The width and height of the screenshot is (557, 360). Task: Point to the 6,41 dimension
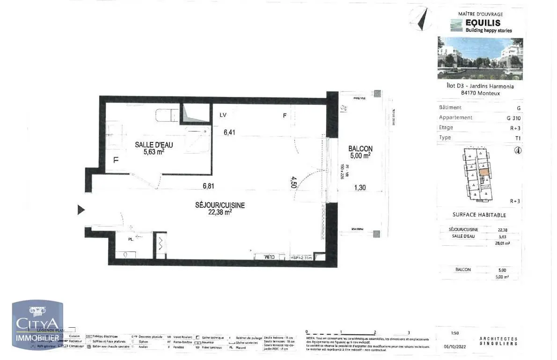coord(229,132)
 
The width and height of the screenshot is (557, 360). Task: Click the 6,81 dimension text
coord(208,186)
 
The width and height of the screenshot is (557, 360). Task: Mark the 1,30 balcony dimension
coord(360,188)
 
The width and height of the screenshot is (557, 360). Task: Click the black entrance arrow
coord(81,210)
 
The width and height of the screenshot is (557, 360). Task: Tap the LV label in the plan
coord(223,115)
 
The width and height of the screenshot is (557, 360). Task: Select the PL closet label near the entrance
coord(131,239)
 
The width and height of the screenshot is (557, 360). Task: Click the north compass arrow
coord(421,19)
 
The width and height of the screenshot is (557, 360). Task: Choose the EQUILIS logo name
coord(482,22)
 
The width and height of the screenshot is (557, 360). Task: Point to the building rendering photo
coord(480,59)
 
